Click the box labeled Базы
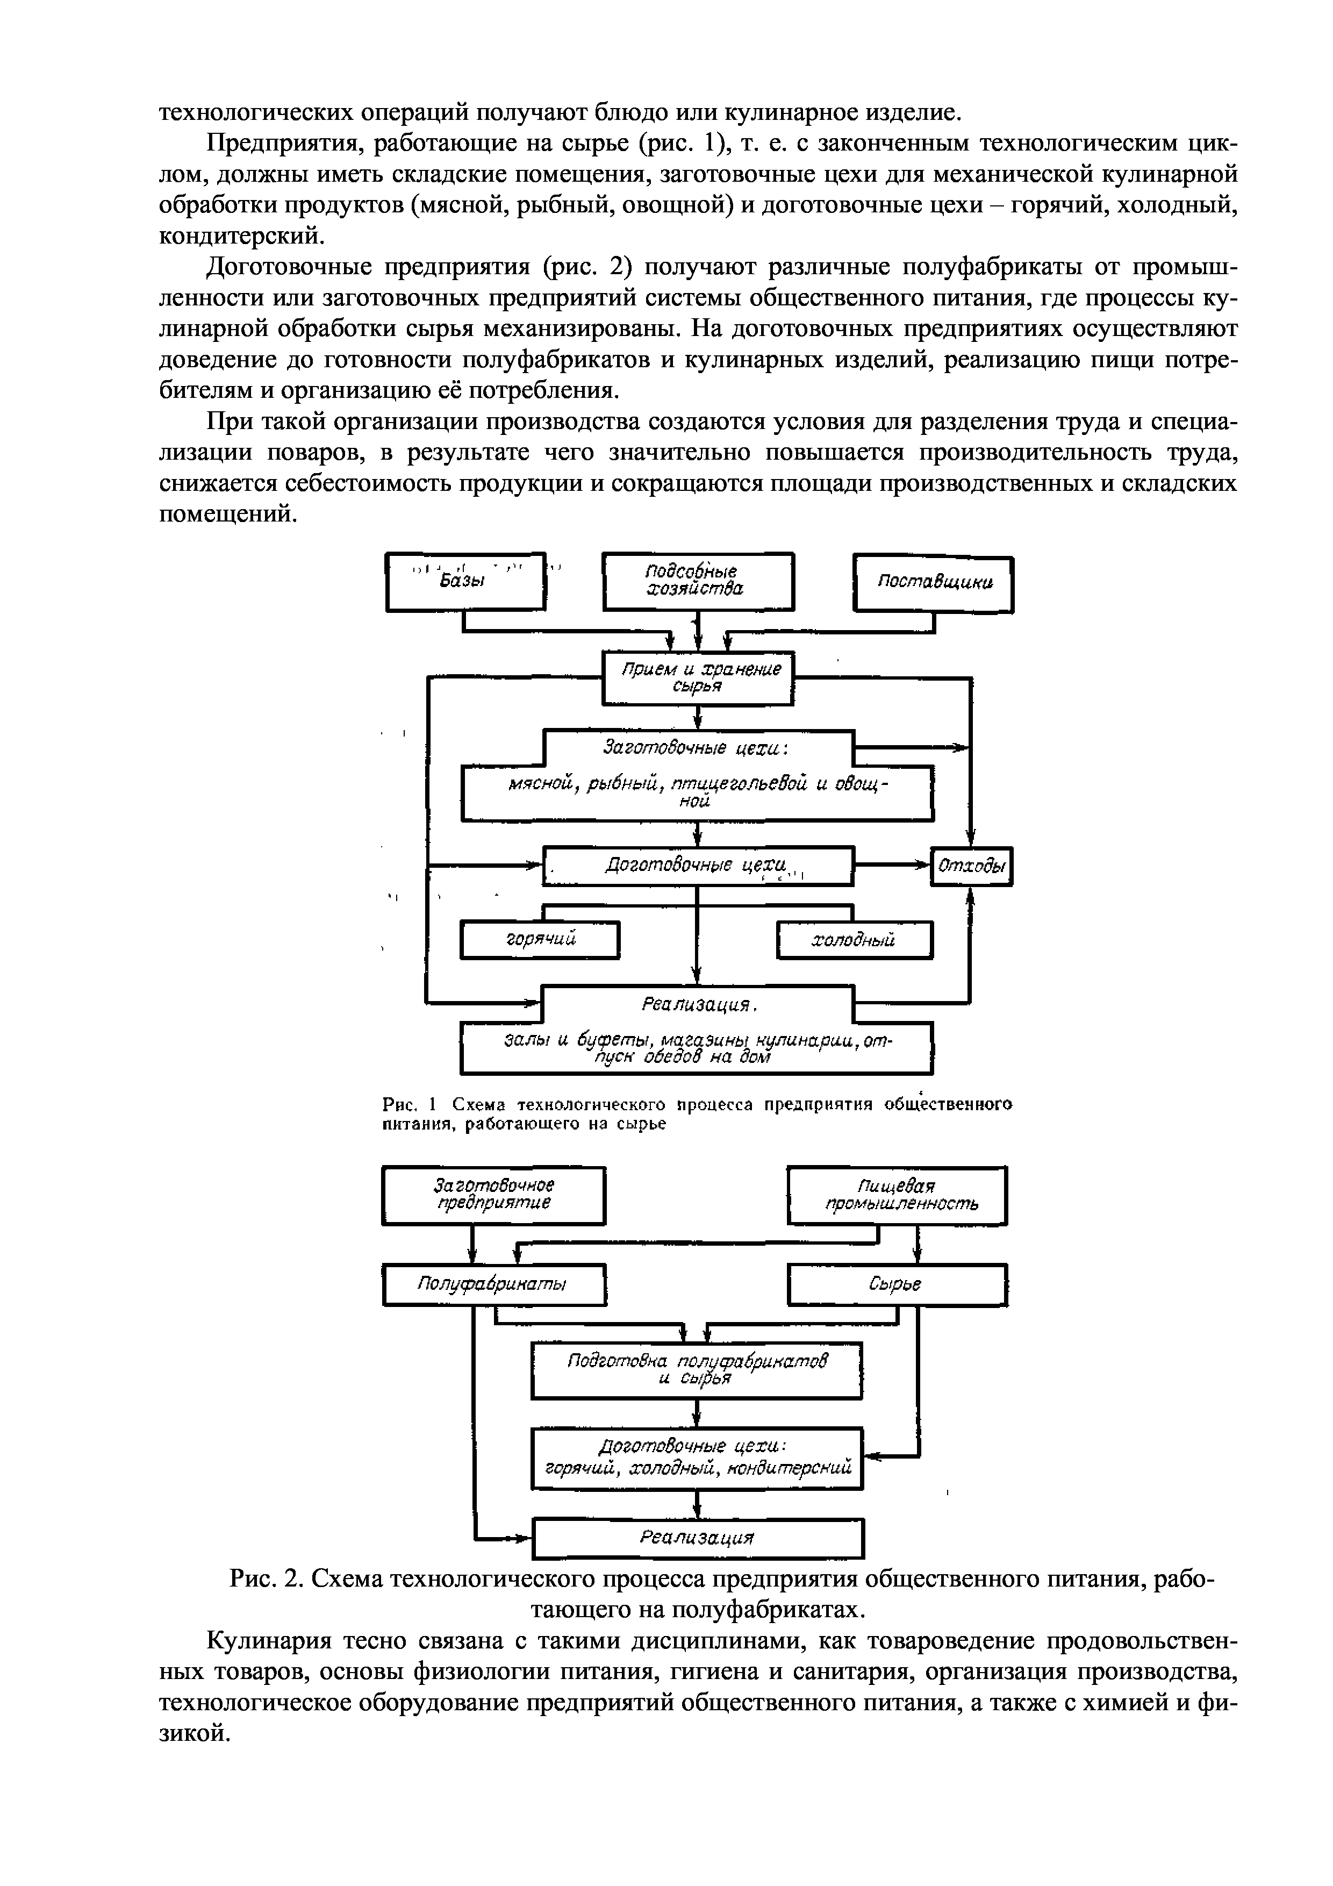click(x=465, y=582)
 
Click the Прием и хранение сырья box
click(x=698, y=677)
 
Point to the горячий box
click(x=540, y=940)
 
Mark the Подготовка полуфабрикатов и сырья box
click(x=697, y=1370)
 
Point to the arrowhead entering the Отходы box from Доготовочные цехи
click(x=924, y=864)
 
